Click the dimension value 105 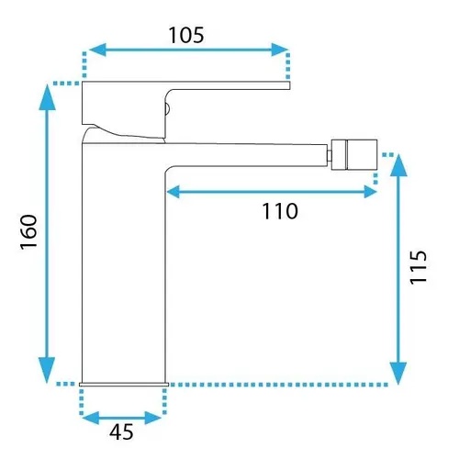coord(186,35)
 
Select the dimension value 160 coord(28,231)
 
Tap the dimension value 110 coord(280,211)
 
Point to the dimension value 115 coord(419,267)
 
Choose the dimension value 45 coord(121,431)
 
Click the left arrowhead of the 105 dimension coord(97,50)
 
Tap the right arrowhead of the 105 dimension coord(280,50)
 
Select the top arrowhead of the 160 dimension coord(48,97)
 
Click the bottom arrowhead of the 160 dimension coord(47,370)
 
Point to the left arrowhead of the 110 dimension coord(173,192)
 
